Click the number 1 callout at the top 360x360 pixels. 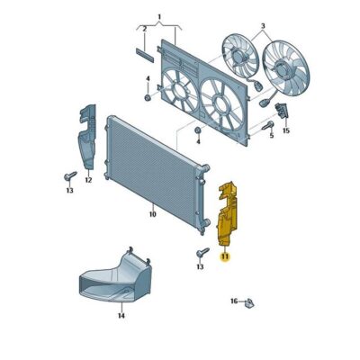159,17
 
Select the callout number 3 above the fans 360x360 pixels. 262,26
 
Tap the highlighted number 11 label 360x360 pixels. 225,256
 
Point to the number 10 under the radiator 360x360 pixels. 152,214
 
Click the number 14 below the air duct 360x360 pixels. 121,316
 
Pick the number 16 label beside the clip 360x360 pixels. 234,301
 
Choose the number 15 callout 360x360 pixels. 286,131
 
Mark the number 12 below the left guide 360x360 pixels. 88,181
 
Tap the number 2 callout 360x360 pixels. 142,29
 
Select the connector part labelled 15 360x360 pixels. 281,112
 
